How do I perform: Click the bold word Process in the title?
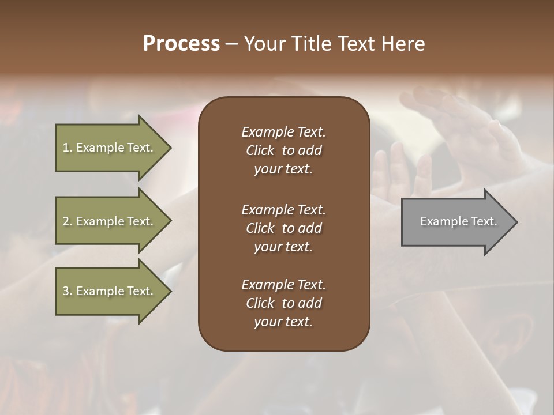click(x=181, y=44)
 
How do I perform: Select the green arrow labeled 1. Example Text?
click(x=110, y=148)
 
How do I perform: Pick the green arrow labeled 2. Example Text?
click(x=110, y=221)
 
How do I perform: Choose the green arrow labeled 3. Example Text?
click(x=110, y=291)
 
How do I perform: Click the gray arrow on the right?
click(x=456, y=222)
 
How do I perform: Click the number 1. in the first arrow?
click(x=68, y=148)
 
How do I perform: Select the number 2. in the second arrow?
click(x=68, y=221)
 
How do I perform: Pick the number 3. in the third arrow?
click(x=68, y=291)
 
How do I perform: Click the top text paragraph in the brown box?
click(x=283, y=150)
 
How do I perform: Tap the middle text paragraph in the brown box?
click(x=283, y=228)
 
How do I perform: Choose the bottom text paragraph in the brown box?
click(x=283, y=303)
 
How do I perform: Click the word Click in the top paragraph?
click(x=260, y=150)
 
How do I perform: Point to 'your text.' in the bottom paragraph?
click(x=283, y=322)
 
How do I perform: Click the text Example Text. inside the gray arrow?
click(x=458, y=221)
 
